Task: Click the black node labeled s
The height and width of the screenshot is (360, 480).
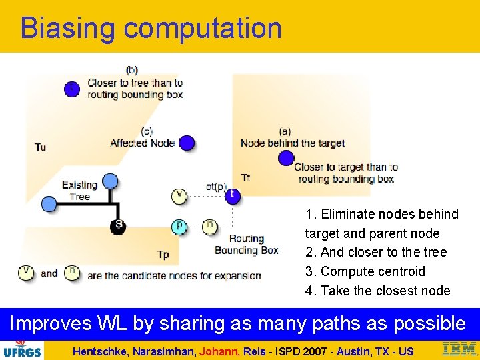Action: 118,225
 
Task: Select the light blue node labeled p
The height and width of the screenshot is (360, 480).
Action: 179,226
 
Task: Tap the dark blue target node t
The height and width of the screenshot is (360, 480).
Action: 231,195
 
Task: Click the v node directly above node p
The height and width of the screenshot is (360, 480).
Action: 179,195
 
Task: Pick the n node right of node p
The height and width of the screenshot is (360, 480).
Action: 209,226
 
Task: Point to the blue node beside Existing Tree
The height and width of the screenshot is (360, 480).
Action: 49,204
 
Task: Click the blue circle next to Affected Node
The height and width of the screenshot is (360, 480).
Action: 187,143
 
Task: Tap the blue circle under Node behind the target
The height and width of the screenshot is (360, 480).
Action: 286,158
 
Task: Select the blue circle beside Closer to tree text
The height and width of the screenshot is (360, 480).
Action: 72,88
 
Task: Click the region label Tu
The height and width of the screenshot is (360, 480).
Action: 41,147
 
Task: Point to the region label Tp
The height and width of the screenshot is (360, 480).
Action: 163,255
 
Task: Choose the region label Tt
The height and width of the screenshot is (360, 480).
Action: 246,177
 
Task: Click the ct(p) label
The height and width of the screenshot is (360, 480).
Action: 216,187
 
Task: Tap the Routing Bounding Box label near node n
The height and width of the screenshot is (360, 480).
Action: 246,245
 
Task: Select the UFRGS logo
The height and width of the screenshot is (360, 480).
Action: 22,349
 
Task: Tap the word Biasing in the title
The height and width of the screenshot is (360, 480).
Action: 67,28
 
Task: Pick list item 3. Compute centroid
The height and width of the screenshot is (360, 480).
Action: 365,271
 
